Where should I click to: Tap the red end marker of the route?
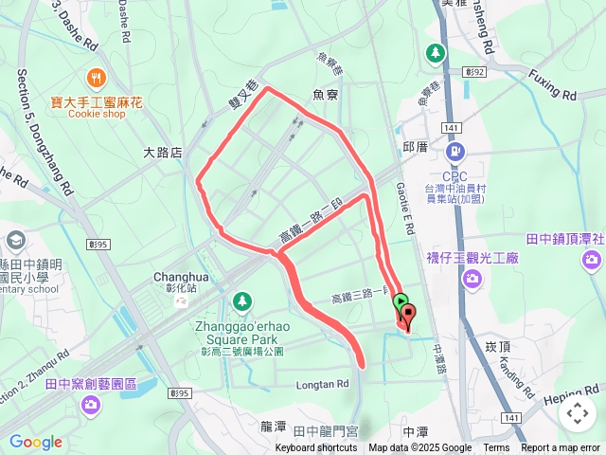click(409, 314)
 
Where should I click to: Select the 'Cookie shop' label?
click(97, 114)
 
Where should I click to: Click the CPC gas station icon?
click(455, 151)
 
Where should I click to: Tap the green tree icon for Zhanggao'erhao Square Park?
click(242, 301)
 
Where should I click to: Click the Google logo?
click(36, 442)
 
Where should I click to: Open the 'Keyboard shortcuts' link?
click(316, 448)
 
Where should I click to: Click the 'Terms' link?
click(496, 448)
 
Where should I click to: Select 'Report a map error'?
click(561, 448)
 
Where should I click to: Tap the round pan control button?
click(576, 413)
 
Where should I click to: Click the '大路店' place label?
click(162, 152)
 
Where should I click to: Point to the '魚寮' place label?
click(326, 94)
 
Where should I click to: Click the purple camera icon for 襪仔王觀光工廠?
click(472, 278)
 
